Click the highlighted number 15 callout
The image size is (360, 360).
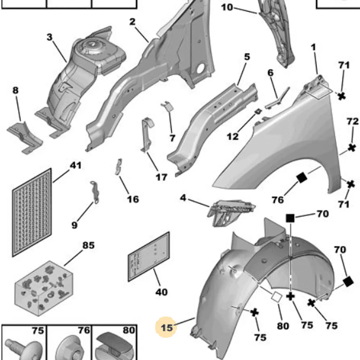[167, 327]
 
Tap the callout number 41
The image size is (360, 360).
[76, 165]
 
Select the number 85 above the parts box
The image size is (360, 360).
[89, 246]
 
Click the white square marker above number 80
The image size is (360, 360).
[276, 297]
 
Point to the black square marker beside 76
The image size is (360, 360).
[302, 177]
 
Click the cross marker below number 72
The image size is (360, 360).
[352, 148]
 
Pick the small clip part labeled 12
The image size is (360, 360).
[258, 112]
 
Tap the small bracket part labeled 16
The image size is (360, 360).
[118, 167]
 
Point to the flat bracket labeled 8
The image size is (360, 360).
[24, 137]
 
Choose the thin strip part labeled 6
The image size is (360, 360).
[276, 99]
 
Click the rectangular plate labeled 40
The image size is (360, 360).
[149, 257]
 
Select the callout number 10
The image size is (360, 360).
[227, 8]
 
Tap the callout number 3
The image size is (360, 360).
[49, 37]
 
